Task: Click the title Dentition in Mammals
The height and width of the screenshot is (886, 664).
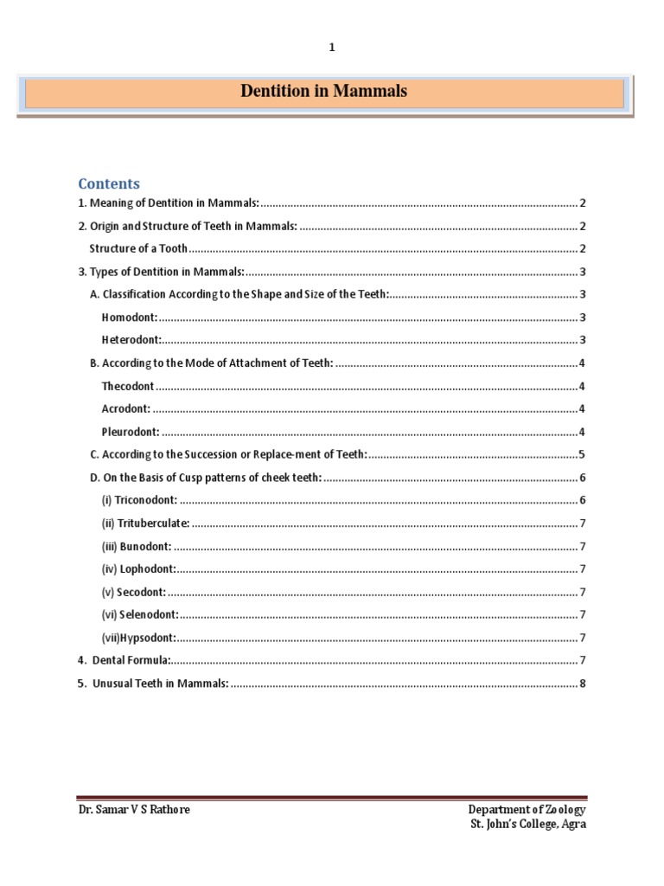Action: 324,91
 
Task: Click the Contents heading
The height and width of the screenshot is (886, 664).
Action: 109,183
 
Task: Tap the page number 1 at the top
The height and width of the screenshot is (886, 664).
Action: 331,48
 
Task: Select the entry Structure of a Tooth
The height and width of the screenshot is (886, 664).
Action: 138,249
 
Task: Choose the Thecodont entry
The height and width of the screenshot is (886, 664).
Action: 128,386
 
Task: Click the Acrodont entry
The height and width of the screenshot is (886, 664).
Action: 126,408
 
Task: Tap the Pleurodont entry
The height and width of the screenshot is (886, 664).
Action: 131,432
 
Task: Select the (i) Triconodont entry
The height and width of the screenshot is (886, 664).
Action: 139,500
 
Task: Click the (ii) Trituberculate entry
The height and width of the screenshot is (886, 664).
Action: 145,523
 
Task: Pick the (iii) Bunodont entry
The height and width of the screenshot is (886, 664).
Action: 137,546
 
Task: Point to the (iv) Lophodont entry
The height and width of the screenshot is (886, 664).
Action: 138,568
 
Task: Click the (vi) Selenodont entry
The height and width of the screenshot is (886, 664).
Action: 140,614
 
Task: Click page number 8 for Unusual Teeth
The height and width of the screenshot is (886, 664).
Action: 584,684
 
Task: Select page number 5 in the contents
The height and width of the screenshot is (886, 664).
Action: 584,454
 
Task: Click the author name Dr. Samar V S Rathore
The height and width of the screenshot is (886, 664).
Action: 134,810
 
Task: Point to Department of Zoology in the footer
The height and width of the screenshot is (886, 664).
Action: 527,810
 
